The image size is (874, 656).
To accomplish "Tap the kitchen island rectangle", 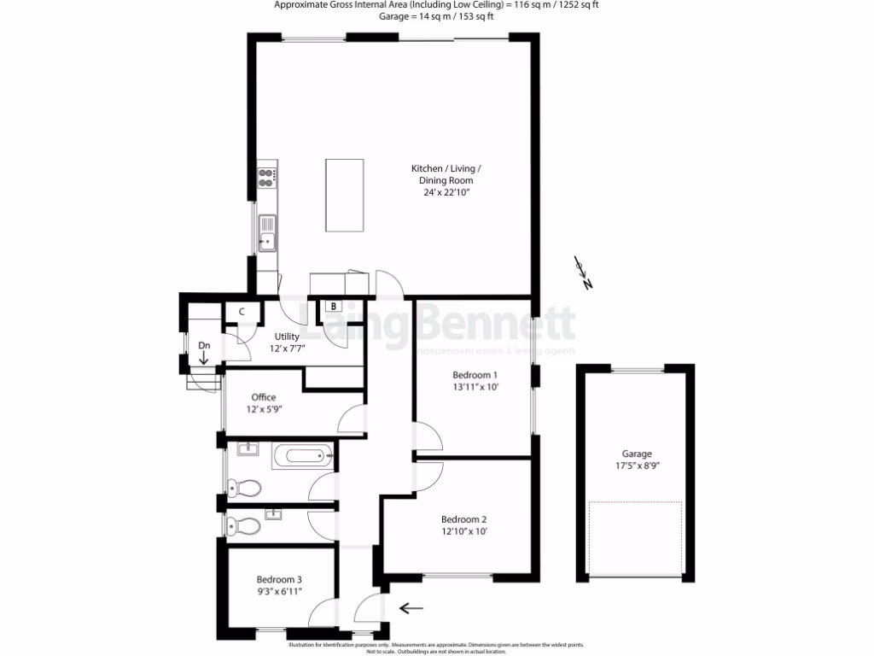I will point(344,195).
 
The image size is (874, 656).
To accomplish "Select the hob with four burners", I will point(267,177).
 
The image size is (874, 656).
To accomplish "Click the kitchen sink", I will point(268,231).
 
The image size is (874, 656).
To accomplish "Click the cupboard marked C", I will point(242,312).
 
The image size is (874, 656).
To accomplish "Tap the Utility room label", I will point(287,337).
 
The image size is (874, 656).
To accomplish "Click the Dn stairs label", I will point(205,345).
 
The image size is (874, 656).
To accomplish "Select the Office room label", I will point(263,397).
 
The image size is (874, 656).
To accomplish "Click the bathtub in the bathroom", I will point(303,455).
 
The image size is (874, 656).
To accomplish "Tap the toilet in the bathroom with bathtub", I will point(243,489).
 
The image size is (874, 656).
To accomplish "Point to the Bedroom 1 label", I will point(475,375).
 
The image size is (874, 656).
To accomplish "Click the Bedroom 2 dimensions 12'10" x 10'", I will point(463,531).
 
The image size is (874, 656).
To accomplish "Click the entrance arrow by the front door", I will point(411,608).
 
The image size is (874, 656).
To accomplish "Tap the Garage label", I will point(636,454).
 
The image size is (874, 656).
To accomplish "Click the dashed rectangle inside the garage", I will point(636,537).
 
